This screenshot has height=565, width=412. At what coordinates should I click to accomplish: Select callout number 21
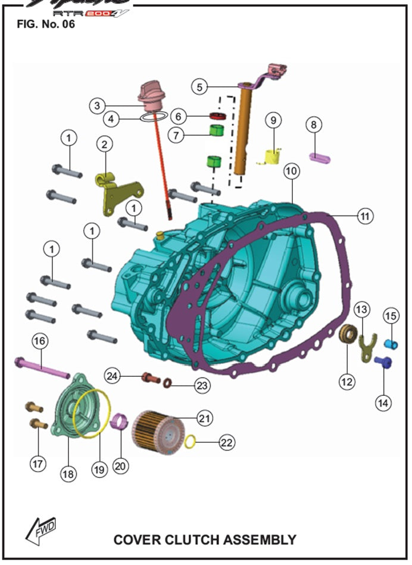tap(204, 419)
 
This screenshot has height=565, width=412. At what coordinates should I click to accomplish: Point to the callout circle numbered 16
tap(39, 341)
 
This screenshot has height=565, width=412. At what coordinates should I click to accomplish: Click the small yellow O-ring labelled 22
tap(191, 441)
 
